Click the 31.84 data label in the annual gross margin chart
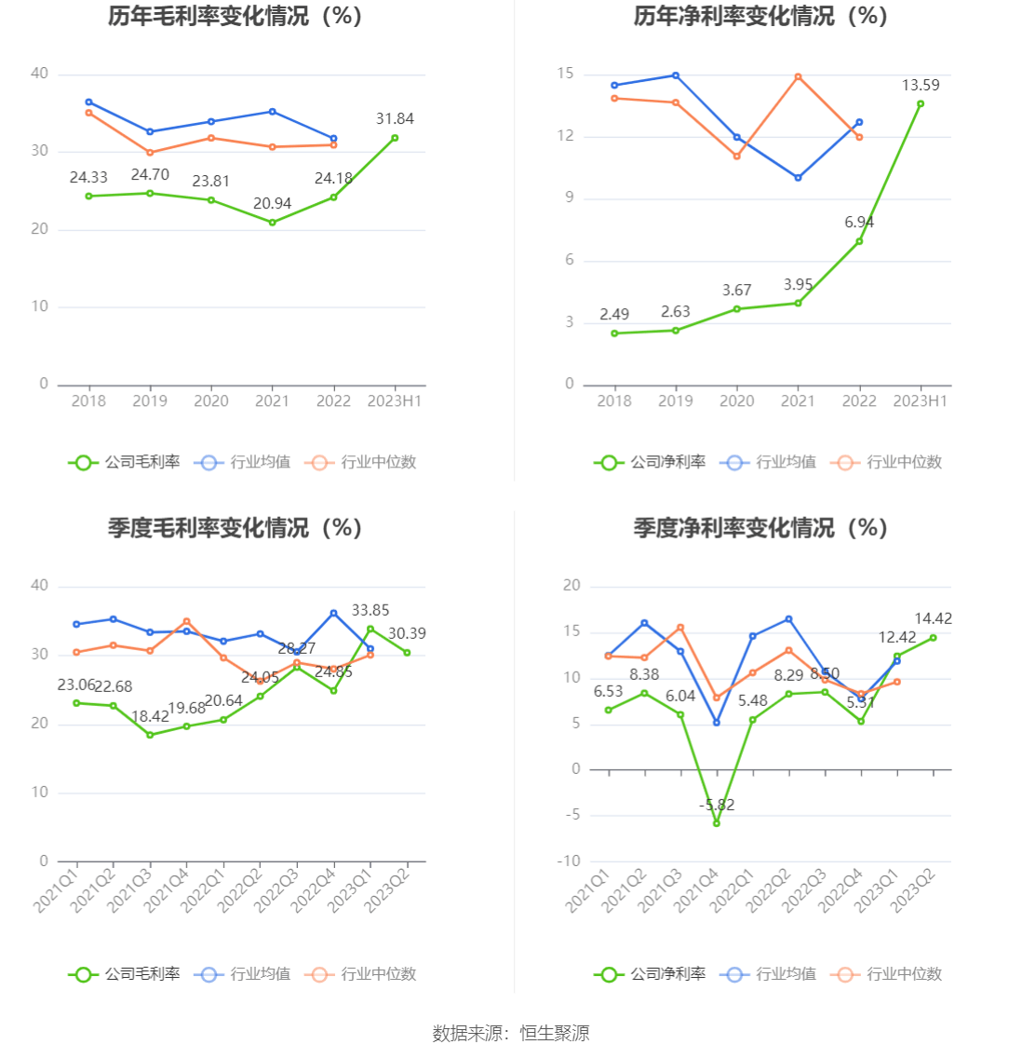point(395,119)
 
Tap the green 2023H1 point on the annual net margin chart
point(921,103)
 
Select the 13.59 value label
point(921,86)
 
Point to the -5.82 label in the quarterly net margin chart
point(717,805)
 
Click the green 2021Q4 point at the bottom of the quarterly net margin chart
point(717,823)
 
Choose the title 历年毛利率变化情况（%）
point(235,16)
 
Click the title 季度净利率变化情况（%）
point(760,528)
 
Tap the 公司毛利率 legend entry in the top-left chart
point(125,462)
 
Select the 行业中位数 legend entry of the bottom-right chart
point(891,974)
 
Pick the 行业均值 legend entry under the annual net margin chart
point(769,462)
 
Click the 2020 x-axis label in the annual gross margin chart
point(211,401)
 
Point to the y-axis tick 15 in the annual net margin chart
point(565,74)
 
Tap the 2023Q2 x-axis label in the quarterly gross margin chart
point(388,888)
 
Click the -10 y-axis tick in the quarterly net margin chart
point(568,861)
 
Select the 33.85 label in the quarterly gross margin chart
point(370,611)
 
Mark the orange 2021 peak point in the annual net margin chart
point(798,76)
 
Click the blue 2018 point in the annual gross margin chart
point(88,102)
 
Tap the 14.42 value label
point(933,619)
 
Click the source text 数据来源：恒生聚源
point(511,1033)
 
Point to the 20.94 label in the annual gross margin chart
point(272,204)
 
